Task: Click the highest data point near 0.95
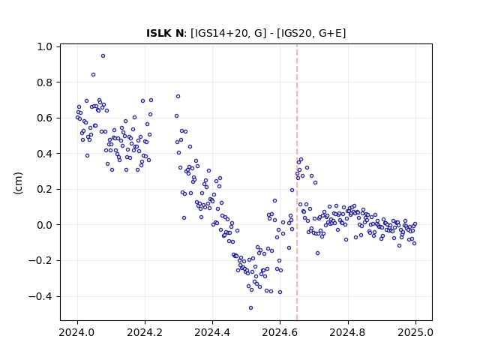103,56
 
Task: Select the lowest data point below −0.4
251,308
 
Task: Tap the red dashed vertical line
297,182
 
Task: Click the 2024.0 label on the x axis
77,332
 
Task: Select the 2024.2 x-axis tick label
145,332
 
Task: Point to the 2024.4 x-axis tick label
212,332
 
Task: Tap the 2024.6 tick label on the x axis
280,332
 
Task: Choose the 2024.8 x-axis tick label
347,332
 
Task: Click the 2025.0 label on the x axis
415,332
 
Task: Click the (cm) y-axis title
18,183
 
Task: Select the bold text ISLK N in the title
165,33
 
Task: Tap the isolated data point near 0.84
93,75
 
